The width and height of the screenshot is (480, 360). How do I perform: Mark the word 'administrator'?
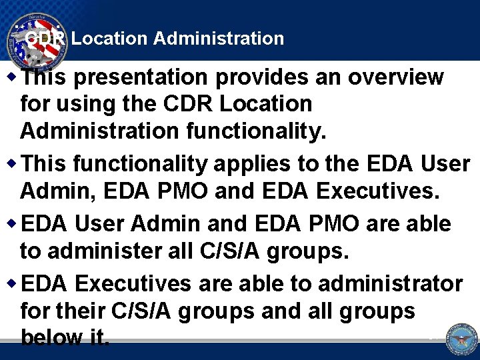390,284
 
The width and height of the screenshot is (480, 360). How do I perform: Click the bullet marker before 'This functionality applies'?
14,163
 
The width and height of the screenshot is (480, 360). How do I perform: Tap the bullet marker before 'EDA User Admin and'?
14,223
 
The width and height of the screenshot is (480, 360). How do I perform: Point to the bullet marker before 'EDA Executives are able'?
14,283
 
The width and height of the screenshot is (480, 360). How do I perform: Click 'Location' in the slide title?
109,39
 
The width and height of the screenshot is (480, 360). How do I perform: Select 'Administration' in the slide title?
219,39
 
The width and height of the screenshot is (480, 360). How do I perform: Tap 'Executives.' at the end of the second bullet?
378,191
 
